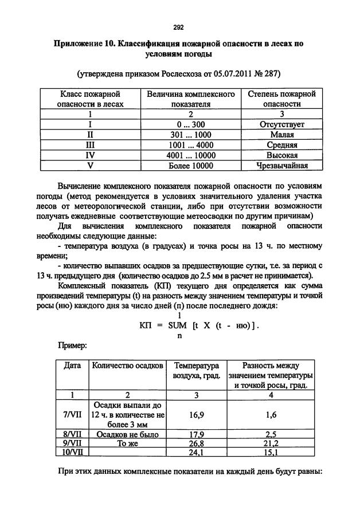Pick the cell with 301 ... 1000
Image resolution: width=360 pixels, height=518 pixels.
pyautogui.click(x=191, y=135)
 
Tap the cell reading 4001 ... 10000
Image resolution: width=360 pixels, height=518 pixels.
pyautogui.click(x=191, y=155)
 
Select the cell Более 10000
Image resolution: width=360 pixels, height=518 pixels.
pyautogui.click(x=191, y=166)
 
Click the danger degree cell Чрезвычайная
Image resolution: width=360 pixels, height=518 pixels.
pyautogui.click(x=281, y=166)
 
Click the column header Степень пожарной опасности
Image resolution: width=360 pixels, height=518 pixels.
pyautogui.click(x=281, y=99)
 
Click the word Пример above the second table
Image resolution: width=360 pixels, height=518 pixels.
pyautogui.click(x=72, y=346)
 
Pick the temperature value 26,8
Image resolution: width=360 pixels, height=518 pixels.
pyautogui.click(x=197, y=443)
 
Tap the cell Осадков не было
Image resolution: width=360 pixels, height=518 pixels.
pyautogui.click(x=127, y=434)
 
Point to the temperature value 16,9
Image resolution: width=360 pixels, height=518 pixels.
pyautogui.click(x=197, y=414)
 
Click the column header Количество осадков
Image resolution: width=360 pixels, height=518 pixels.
pyautogui.click(x=127, y=365)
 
